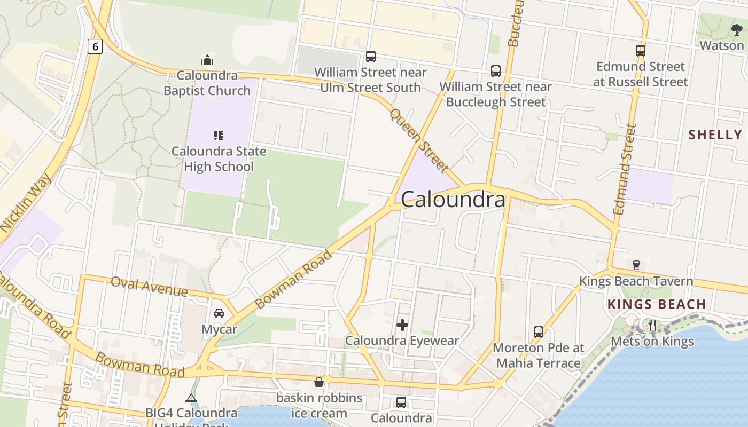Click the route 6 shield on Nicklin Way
click(95, 46)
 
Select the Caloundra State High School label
click(219, 159)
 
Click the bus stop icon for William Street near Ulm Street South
click(370, 56)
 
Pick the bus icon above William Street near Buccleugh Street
click(496, 70)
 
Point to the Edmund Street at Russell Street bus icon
click(641, 51)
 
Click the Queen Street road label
click(418, 140)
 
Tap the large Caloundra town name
click(453, 200)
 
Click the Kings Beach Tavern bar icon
click(636, 265)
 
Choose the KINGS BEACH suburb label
click(657, 304)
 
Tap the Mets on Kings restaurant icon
click(652, 325)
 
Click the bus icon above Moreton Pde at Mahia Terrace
click(538, 331)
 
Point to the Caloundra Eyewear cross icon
click(402, 324)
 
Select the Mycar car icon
click(219, 313)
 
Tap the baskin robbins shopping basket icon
click(319, 382)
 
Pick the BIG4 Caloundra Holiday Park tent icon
click(191, 398)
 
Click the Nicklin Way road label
click(26, 202)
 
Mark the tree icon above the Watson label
click(736, 30)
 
